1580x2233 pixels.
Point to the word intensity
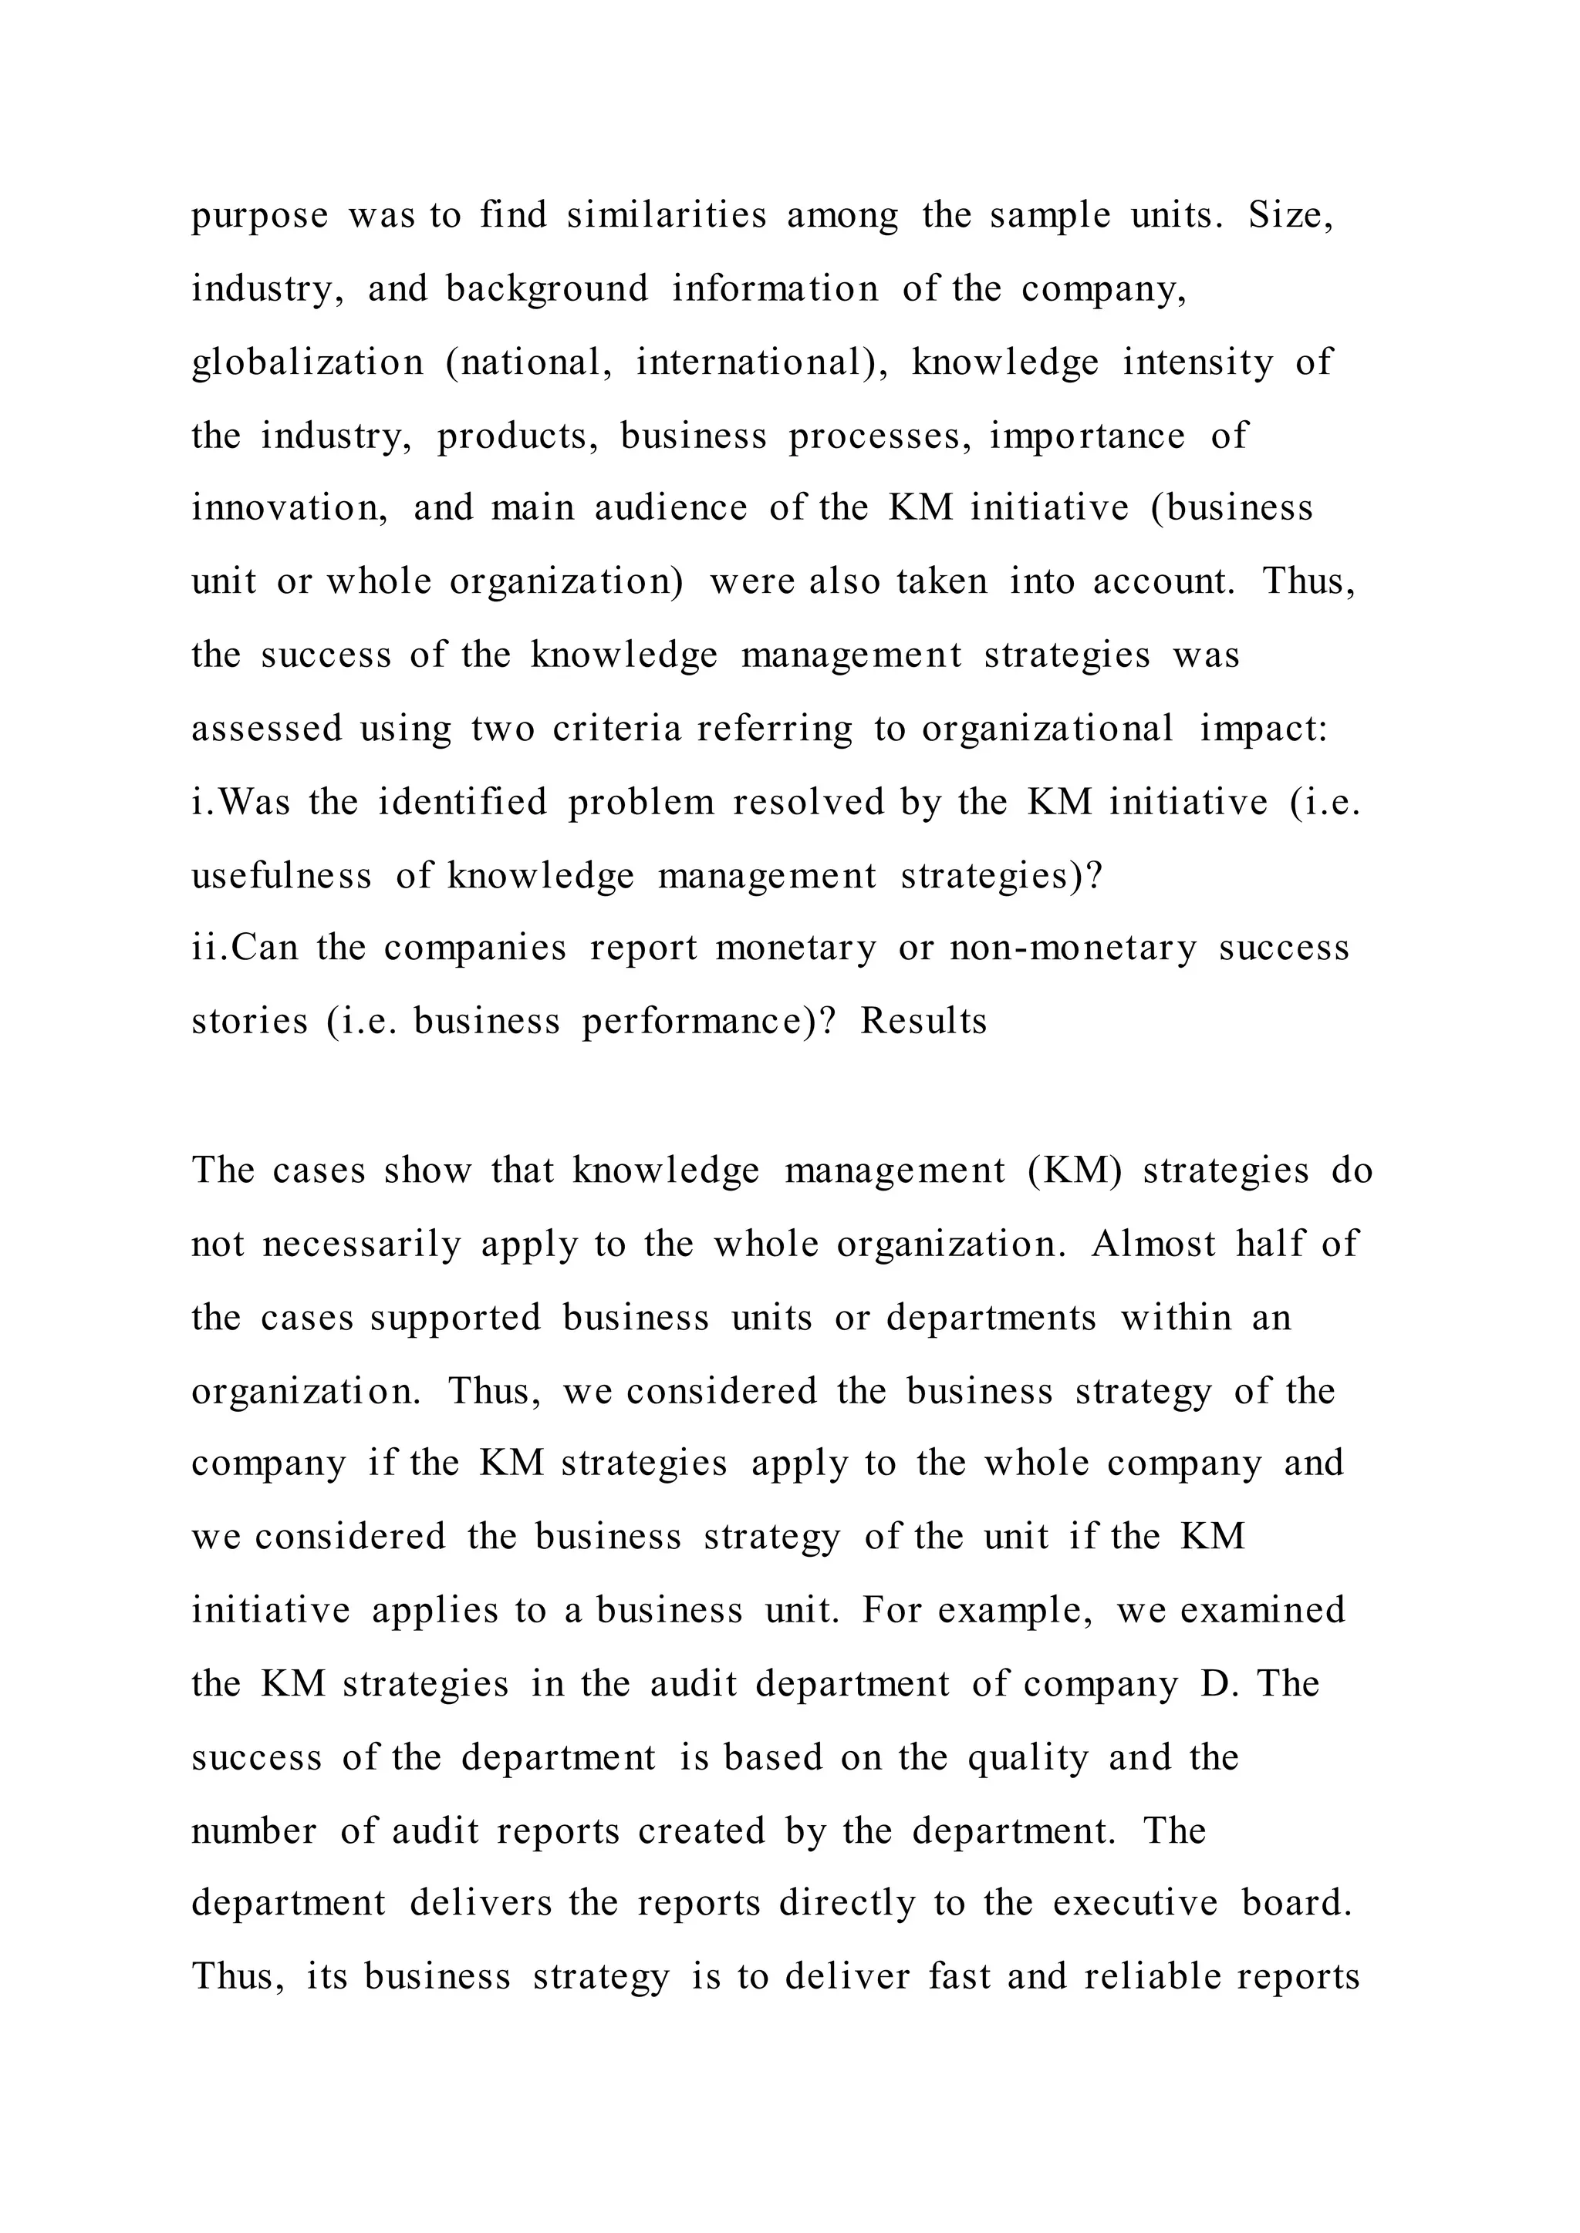click(1197, 362)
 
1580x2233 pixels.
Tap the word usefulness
click(281, 875)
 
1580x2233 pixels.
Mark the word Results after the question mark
click(923, 1021)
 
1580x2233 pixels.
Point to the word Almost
click(1153, 1244)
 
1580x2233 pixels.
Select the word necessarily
click(362, 1244)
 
